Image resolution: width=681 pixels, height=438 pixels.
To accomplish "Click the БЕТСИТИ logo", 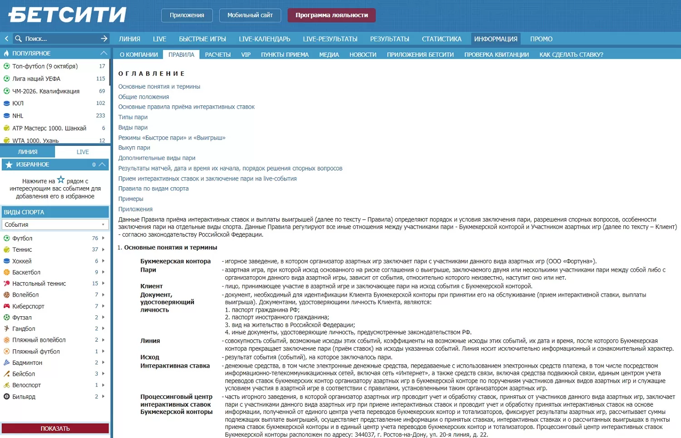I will [x=67, y=15].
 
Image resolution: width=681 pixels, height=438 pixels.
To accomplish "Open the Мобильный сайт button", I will [x=250, y=15].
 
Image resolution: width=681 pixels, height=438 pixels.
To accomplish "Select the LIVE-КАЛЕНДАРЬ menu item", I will [x=264, y=39].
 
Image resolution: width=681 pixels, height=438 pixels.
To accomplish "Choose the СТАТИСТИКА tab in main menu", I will [x=441, y=39].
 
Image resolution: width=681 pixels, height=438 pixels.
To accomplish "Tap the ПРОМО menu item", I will [x=541, y=39].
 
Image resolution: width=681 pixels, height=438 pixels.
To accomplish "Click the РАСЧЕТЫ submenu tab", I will [x=217, y=55].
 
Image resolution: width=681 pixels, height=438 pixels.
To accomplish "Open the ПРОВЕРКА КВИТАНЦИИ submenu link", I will [x=496, y=55].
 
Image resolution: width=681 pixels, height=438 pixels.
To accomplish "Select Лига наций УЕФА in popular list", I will [x=36, y=79].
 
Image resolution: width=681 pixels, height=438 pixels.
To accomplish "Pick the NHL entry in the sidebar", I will [x=18, y=116].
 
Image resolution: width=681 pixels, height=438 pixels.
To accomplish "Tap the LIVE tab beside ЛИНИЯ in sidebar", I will [x=83, y=152].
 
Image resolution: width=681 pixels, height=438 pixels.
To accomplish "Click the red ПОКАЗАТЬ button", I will [x=55, y=428].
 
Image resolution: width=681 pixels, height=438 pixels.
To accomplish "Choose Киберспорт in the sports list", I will [x=28, y=306].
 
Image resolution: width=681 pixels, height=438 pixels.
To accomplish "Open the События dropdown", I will [x=55, y=224].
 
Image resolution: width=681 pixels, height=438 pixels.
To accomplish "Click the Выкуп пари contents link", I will [x=134, y=148].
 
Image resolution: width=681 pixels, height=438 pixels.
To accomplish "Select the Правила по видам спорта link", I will [x=153, y=189].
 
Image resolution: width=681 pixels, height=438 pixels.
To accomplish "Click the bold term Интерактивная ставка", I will [x=175, y=366].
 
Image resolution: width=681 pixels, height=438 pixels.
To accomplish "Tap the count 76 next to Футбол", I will [x=95, y=238].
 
